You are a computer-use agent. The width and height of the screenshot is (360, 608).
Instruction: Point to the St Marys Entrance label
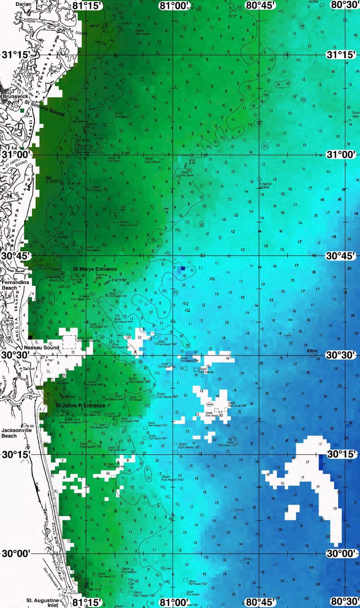pyautogui.click(x=95, y=269)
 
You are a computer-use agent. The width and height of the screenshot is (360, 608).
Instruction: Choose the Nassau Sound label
pyautogui.click(x=41, y=347)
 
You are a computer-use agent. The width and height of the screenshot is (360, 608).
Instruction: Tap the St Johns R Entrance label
pyautogui.click(x=80, y=405)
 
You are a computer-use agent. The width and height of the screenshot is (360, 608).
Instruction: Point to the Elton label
pyautogui.click(x=312, y=351)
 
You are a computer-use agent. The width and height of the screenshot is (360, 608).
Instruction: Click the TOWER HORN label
pyautogui.click(x=265, y=185)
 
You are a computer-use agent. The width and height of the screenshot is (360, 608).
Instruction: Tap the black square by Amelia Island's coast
pyautogui.click(x=30, y=337)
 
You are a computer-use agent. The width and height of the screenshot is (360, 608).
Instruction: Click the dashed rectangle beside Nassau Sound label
pyautogui.click(x=69, y=341)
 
